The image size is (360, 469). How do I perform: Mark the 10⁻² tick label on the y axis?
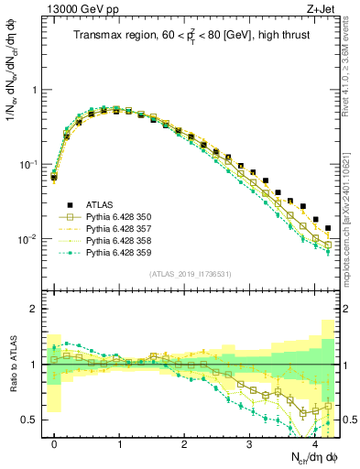(x=31, y=239)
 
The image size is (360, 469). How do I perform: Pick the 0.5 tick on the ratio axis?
(x=34, y=420)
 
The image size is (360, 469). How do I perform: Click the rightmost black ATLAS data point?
(x=328, y=228)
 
